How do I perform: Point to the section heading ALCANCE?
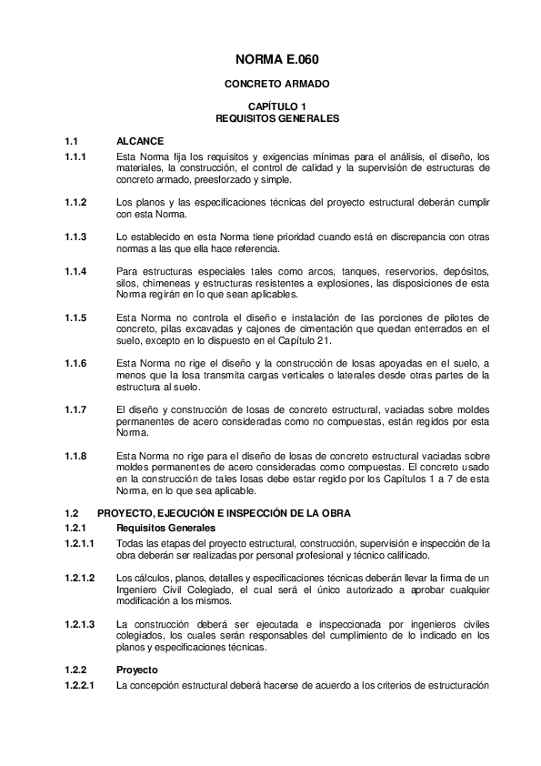[140, 142]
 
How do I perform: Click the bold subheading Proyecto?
[136, 670]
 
